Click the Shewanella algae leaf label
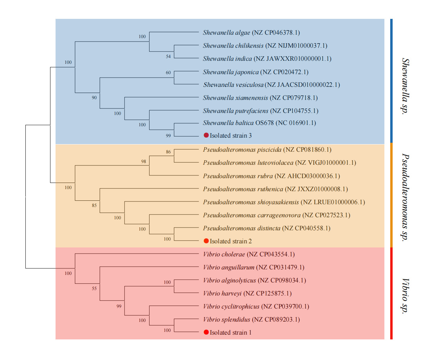(x=226, y=33)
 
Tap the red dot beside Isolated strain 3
(x=206, y=135)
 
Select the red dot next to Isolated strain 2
(x=206, y=241)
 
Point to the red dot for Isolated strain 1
(x=206, y=332)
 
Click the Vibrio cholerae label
(x=224, y=254)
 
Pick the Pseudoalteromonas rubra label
(x=238, y=176)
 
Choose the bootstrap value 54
(x=168, y=56)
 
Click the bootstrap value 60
(x=168, y=72)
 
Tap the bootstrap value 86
(x=168, y=152)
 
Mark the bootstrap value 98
(x=143, y=161)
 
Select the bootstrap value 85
(x=94, y=205)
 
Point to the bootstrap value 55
(x=94, y=288)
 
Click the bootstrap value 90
(x=94, y=97)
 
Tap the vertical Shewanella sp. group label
(x=406, y=86)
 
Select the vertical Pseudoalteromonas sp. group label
(x=406, y=197)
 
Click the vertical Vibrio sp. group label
(x=406, y=295)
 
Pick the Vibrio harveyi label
(x=222, y=293)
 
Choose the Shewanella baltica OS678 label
(x=238, y=123)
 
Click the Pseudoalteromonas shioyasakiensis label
(x=251, y=202)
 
